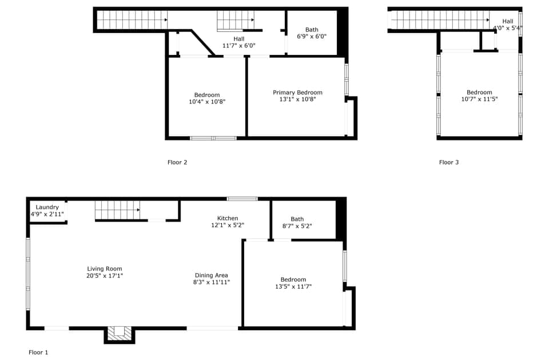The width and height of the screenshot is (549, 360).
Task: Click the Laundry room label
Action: pyautogui.click(x=47, y=207)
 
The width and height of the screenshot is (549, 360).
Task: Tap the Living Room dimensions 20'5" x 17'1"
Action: pyautogui.click(x=105, y=275)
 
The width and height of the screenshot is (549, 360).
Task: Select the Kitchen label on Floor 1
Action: pyautogui.click(x=228, y=218)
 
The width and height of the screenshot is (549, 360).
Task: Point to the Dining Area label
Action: pyautogui.click(x=212, y=275)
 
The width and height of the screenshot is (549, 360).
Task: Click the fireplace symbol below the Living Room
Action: pyautogui.click(x=119, y=333)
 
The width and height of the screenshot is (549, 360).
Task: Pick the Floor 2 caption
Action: pyautogui.click(x=177, y=162)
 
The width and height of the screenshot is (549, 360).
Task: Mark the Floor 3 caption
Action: pyautogui.click(x=449, y=162)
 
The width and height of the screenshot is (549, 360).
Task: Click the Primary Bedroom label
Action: pyautogui.click(x=297, y=93)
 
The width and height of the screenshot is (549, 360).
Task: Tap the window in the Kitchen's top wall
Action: pyautogui.click(x=242, y=199)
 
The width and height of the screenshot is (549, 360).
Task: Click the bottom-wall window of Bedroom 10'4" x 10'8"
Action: pyautogui.click(x=213, y=138)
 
